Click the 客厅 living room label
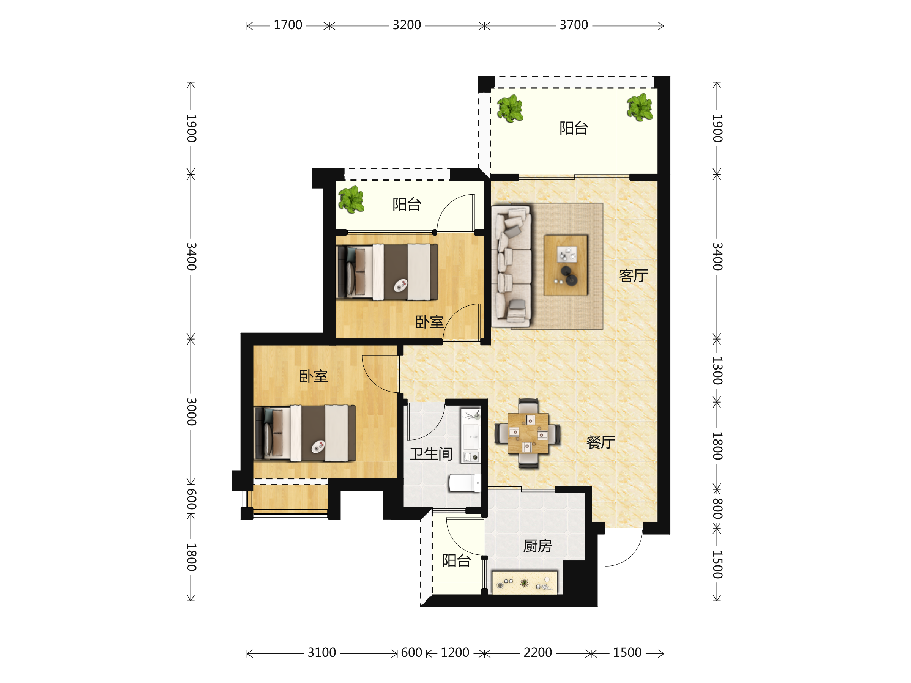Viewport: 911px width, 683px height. [x=634, y=276]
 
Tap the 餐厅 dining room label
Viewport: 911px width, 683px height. [x=601, y=442]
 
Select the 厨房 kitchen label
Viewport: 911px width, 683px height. [x=538, y=546]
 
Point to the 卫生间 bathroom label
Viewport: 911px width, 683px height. [x=431, y=454]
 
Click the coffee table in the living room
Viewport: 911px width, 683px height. [x=566, y=266]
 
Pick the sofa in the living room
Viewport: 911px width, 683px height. [x=511, y=267]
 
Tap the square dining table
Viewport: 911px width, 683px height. [x=528, y=433]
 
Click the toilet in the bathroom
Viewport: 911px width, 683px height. [x=465, y=483]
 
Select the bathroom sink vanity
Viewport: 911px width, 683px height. [x=471, y=436]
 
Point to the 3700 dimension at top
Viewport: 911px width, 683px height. [x=574, y=25]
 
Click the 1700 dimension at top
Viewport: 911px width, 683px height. [x=288, y=25]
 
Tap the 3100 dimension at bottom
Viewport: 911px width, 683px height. [x=322, y=653]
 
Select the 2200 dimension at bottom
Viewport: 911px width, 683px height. [x=537, y=653]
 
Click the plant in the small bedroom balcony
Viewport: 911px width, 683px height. [x=351, y=200]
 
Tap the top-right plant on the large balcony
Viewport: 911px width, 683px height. [x=640, y=107]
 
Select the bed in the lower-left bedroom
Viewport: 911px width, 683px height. [x=305, y=433]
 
